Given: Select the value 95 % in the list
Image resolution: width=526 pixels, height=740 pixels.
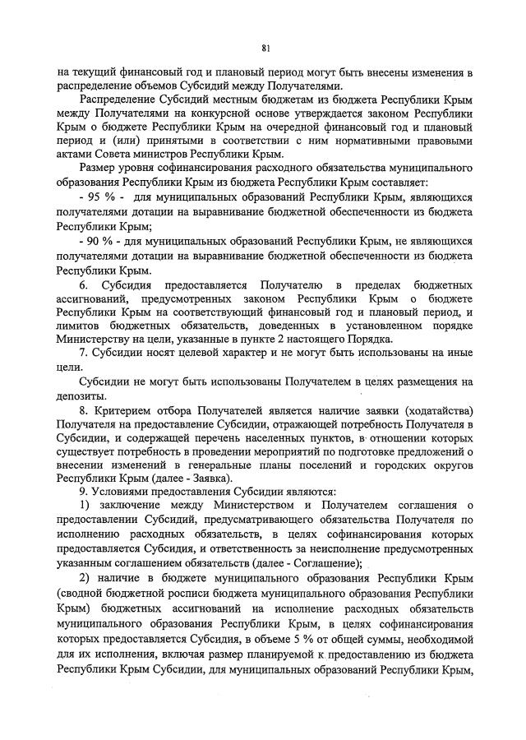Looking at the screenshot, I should tap(97, 199).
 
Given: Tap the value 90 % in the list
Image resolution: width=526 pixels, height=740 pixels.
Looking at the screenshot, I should tap(96, 241).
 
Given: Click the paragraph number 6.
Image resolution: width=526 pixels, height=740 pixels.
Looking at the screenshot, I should tap(82, 284).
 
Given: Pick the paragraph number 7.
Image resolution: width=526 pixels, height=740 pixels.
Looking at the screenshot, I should tap(82, 355).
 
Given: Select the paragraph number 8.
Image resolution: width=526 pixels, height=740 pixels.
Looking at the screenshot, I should tap(82, 410).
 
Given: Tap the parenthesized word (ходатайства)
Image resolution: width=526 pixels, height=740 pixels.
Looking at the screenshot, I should tap(436, 410).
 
